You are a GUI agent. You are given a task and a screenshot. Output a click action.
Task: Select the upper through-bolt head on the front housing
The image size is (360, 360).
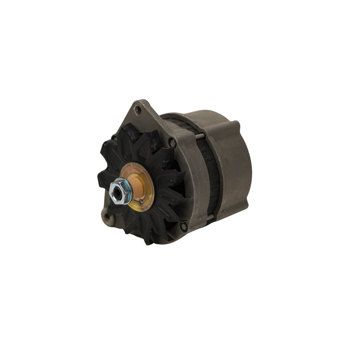(174, 143)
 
